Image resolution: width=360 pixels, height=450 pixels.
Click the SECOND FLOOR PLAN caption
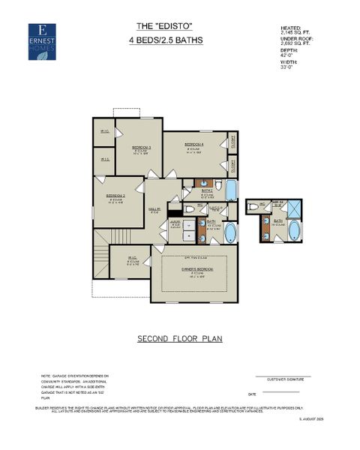coord(179,339)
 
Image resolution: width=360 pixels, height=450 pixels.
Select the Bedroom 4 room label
coord(194,145)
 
